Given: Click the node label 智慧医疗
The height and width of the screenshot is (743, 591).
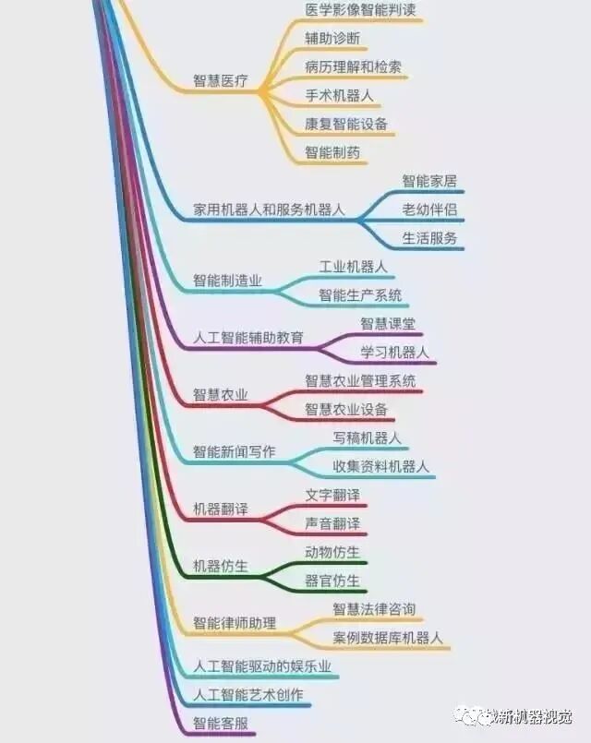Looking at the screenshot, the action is (x=221, y=81).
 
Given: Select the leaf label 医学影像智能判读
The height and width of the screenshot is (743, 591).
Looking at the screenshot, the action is (x=360, y=10).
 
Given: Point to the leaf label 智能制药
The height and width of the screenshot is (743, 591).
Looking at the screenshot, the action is (x=332, y=152).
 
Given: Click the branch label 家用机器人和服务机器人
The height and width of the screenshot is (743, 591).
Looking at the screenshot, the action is (x=269, y=210).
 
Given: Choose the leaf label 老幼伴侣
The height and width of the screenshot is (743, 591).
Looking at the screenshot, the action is (x=429, y=210).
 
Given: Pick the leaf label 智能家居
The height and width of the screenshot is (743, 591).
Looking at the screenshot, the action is (x=429, y=182).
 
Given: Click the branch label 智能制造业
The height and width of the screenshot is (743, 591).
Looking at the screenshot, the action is (x=227, y=281).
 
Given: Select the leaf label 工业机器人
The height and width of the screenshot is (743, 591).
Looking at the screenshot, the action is (x=353, y=267).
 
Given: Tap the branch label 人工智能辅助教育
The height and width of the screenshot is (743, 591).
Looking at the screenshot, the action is (x=248, y=338).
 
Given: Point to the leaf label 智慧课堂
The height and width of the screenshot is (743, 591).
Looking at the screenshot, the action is (x=388, y=323).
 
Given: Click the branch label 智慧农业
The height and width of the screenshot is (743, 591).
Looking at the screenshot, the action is (x=221, y=395).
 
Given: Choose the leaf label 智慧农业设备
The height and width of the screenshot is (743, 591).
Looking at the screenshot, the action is (x=346, y=409).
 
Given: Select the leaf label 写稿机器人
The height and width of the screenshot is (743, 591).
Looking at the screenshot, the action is (x=367, y=437).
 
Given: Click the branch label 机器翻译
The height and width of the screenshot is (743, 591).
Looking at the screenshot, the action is (x=221, y=509).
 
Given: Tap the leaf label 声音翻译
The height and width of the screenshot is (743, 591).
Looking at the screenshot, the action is (x=332, y=523).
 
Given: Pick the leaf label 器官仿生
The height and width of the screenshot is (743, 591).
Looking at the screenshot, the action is (x=332, y=581).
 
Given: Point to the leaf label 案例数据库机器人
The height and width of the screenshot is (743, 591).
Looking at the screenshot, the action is (x=388, y=638).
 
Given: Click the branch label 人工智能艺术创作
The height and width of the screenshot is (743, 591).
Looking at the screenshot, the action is (x=248, y=694).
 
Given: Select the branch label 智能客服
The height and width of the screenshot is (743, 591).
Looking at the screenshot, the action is (x=221, y=723).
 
